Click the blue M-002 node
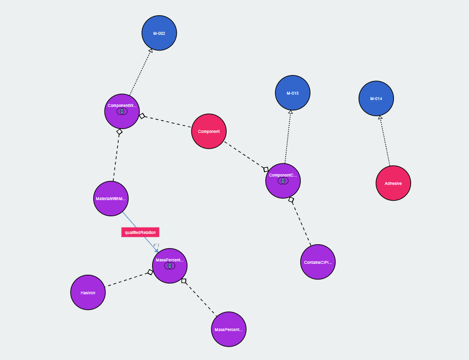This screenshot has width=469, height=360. pyautogui.click(x=159, y=33)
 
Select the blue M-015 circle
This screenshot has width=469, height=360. pyautogui.click(x=292, y=93)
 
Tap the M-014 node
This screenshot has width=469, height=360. pyautogui.click(x=376, y=99)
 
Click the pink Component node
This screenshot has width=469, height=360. pyautogui.click(x=209, y=131)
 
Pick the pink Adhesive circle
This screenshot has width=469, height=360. pyautogui.click(x=393, y=183)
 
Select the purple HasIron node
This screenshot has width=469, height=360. pyautogui.click(x=88, y=292)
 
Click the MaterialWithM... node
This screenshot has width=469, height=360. pyautogui.click(x=111, y=199)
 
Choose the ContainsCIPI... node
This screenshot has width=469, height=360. pyautogui.click(x=318, y=262)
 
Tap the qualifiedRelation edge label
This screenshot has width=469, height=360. pyautogui.click(x=140, y=232)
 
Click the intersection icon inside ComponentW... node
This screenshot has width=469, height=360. pyautogui.click(x=122, y=111)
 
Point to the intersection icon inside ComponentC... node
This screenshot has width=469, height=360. pyautogui.click(x=283, y=181)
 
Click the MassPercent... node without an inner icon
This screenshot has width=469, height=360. pyautogui.click(x=229, y=329)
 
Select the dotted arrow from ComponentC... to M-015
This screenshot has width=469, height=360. pyautogui.click(x=288, y=137)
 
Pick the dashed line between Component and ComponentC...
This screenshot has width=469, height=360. pyautogui.click(x=244, y=154)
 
